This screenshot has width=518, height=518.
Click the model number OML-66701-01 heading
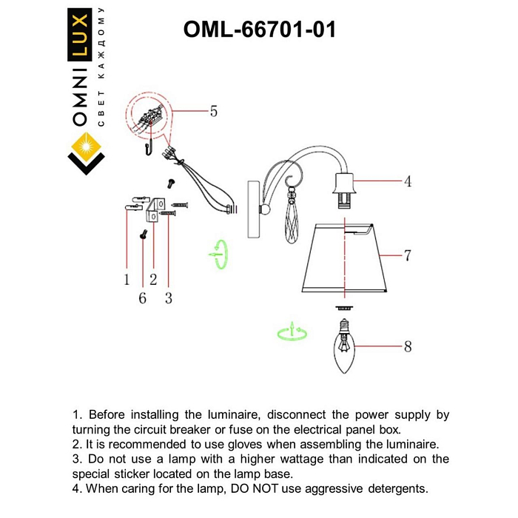259,29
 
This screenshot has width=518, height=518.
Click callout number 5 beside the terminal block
213,112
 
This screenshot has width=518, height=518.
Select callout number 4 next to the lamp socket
407,181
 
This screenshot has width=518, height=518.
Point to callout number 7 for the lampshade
407,256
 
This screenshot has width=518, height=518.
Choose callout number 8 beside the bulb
407,346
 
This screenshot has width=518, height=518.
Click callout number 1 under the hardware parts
127,280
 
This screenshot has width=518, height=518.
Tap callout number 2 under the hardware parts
153,280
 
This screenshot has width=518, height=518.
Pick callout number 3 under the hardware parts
169,298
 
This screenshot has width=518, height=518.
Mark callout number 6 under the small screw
142,298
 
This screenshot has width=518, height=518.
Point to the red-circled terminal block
151,116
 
